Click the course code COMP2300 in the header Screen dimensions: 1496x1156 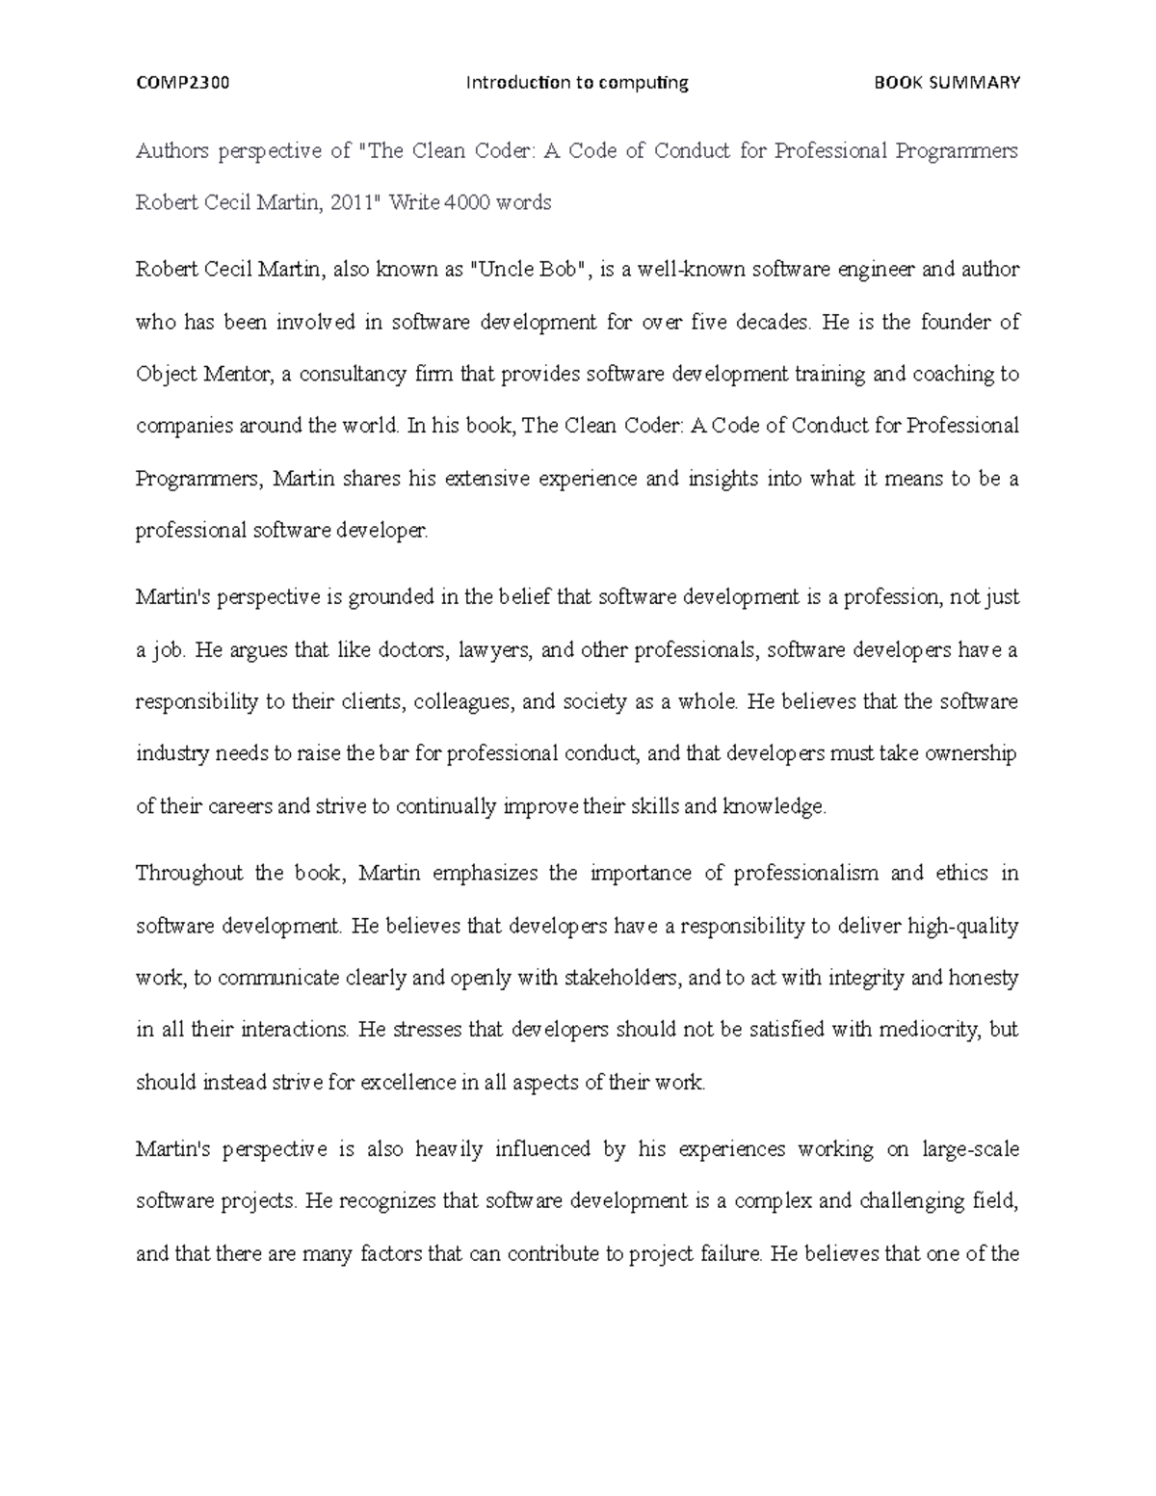[182, 83]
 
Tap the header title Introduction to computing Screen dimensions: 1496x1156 [577, 83]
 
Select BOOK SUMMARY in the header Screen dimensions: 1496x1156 [946, 83]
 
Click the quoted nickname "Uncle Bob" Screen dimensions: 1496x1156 [530, 270]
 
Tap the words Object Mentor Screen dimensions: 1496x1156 [203, 374]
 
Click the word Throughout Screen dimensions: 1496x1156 [190, 874]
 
